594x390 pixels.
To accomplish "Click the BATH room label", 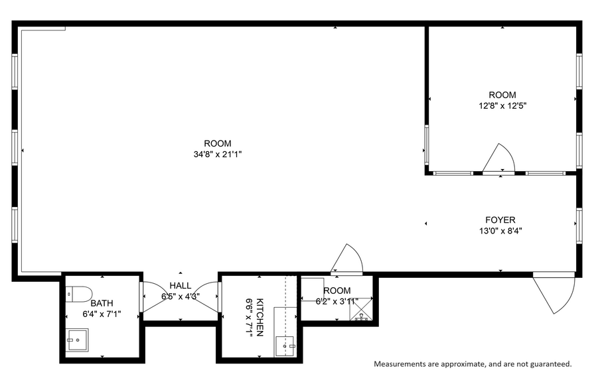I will coord(102,303).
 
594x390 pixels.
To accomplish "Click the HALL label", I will coord(180,286).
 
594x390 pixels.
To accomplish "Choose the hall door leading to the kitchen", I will coord(210,296).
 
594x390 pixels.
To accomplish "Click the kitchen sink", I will coord(288,344).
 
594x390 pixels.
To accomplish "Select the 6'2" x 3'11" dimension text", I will coord(336,301).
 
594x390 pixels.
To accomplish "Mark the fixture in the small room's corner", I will coord(361,313).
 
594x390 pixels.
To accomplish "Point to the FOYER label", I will coord(500,220).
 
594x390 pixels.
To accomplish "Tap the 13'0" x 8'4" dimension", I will coord(500,231).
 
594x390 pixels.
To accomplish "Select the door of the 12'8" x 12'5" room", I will coord(499,159).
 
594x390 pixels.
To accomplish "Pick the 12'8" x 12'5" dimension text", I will coord(502,105).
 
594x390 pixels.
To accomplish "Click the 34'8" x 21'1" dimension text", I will coord(217,155).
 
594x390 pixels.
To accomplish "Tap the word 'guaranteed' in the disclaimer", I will coord(548,364).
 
